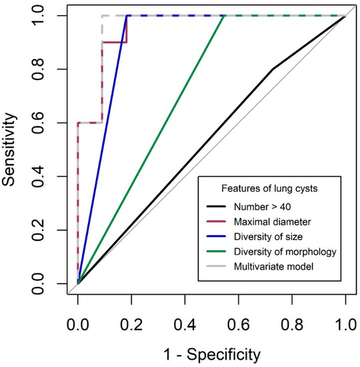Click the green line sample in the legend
217,252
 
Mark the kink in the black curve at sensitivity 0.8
272,69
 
